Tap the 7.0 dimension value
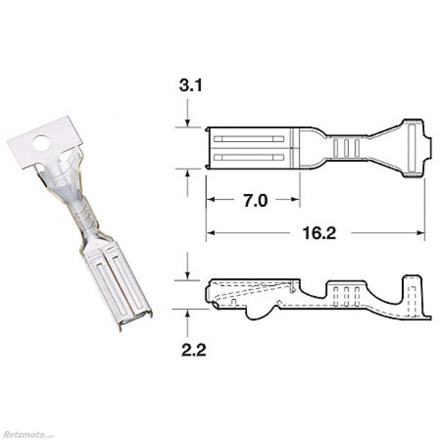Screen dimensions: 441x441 255,201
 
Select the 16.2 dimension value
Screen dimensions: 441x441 319,233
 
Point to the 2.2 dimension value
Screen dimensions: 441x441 194,350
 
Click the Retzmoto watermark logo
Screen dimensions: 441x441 27,434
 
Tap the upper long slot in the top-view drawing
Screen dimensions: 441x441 249,139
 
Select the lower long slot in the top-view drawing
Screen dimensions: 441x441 249,157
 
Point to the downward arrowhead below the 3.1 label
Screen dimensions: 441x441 188,123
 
